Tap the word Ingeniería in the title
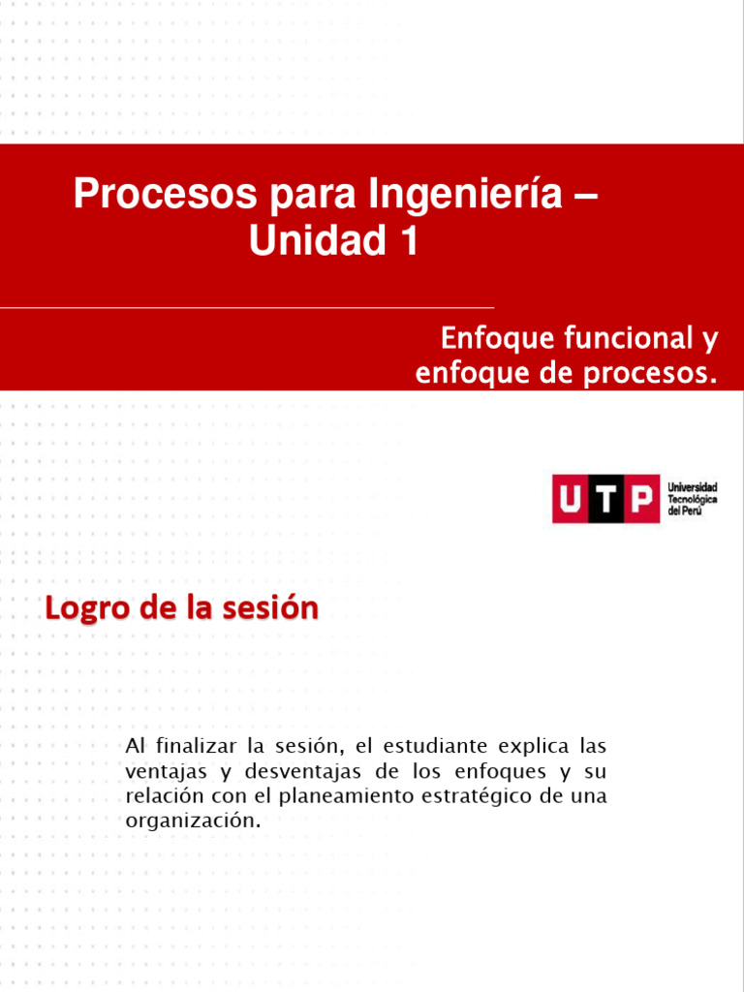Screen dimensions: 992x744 pyautogui.click(x=465, y=196)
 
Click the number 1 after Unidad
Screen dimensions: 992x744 pyautogui.click(x=408, y=241)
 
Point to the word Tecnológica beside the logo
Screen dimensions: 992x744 pyautogui.click(x=692, y=498)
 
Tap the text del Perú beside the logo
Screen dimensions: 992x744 pyautogui.click(x=685, y=510)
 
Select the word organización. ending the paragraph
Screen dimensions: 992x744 pyautogui.click(x=194, y=821)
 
